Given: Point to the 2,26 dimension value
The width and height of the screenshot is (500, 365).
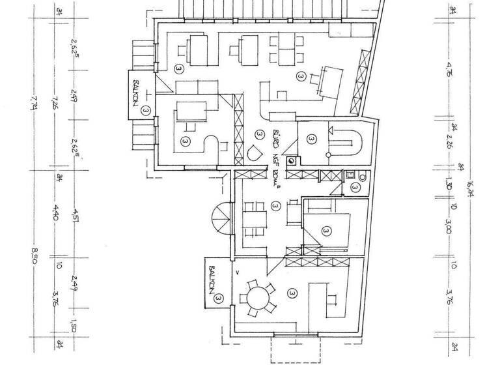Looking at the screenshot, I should (x=451, y=141).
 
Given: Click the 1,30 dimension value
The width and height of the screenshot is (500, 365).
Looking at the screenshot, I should (x=451, y=181).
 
